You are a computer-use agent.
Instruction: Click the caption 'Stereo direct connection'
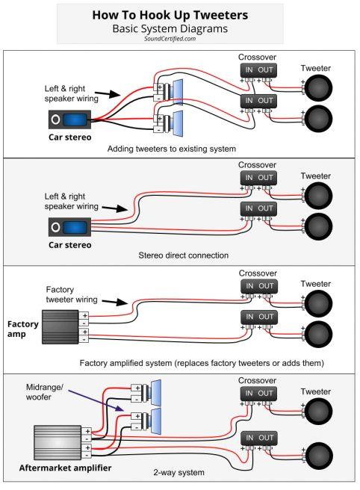coord(183,255)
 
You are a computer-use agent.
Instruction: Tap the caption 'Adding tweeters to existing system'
coord(172,149)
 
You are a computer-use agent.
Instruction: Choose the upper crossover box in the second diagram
coord(255,179)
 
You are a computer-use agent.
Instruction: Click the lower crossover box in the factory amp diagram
coord(255,318)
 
